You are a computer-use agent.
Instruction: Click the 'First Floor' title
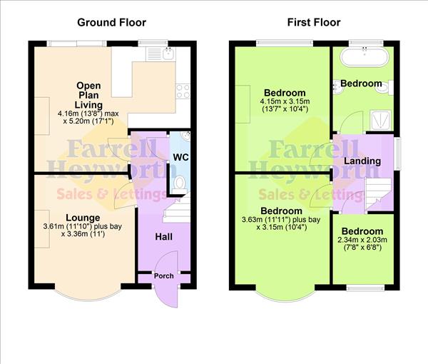[314, 22]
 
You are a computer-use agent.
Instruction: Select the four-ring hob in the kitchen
[182, 91]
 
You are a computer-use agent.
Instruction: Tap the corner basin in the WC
[185, 136]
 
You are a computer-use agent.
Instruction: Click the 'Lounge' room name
[78, 218]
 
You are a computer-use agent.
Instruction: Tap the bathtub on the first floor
[364, 57]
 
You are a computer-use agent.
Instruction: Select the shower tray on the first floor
[381, 118]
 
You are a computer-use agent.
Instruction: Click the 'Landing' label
[362, 161]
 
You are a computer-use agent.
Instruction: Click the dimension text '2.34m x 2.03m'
[362, 241]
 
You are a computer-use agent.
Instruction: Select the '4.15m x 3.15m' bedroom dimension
[285, 102]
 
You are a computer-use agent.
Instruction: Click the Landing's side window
[397, 153]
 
